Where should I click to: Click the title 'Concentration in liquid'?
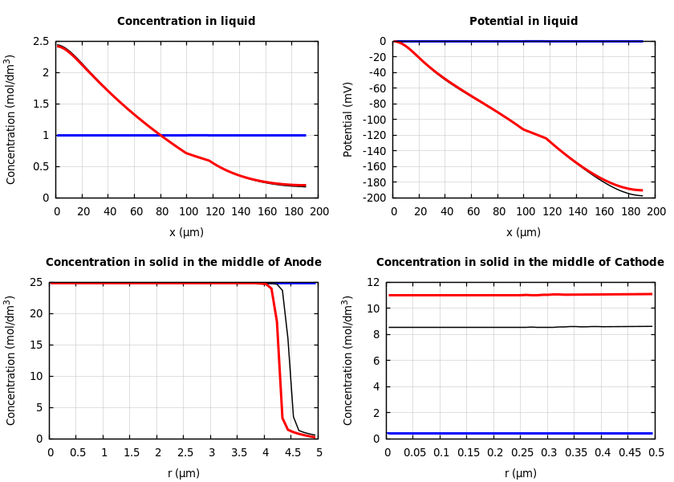[186, 22]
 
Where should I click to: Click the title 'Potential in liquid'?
[523, 22]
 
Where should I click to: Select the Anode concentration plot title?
[184, 263]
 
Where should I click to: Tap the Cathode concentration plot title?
[520, 263]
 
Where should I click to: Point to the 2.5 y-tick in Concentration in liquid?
[40, 41]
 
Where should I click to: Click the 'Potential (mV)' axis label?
[348, 119]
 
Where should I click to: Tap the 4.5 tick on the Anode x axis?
[292, 452]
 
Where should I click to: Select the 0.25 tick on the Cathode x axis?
[521, 452]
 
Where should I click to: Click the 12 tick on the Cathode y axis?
[372, 282]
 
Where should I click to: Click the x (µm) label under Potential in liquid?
[523, 232]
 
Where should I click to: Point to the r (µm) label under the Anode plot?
[184, 473]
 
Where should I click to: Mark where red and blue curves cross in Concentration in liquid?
[160, 135]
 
